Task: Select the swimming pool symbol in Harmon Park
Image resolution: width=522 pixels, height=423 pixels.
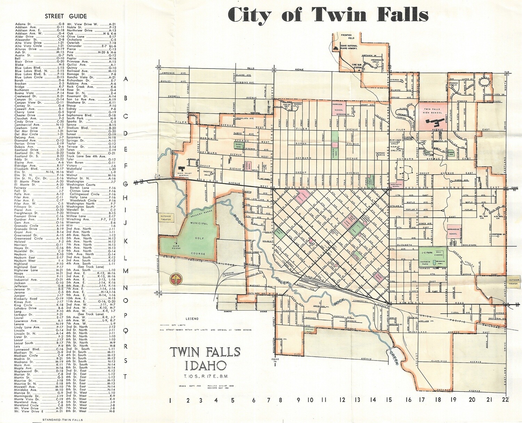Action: [x=440, y=262]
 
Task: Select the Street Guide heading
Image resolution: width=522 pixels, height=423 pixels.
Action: [x=66, y=16]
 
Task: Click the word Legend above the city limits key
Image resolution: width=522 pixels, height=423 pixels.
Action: [x=192, y=319]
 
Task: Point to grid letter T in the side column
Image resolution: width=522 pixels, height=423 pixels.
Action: [x=126, y=376]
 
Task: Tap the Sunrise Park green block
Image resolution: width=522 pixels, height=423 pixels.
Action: [x=451, y=152]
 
